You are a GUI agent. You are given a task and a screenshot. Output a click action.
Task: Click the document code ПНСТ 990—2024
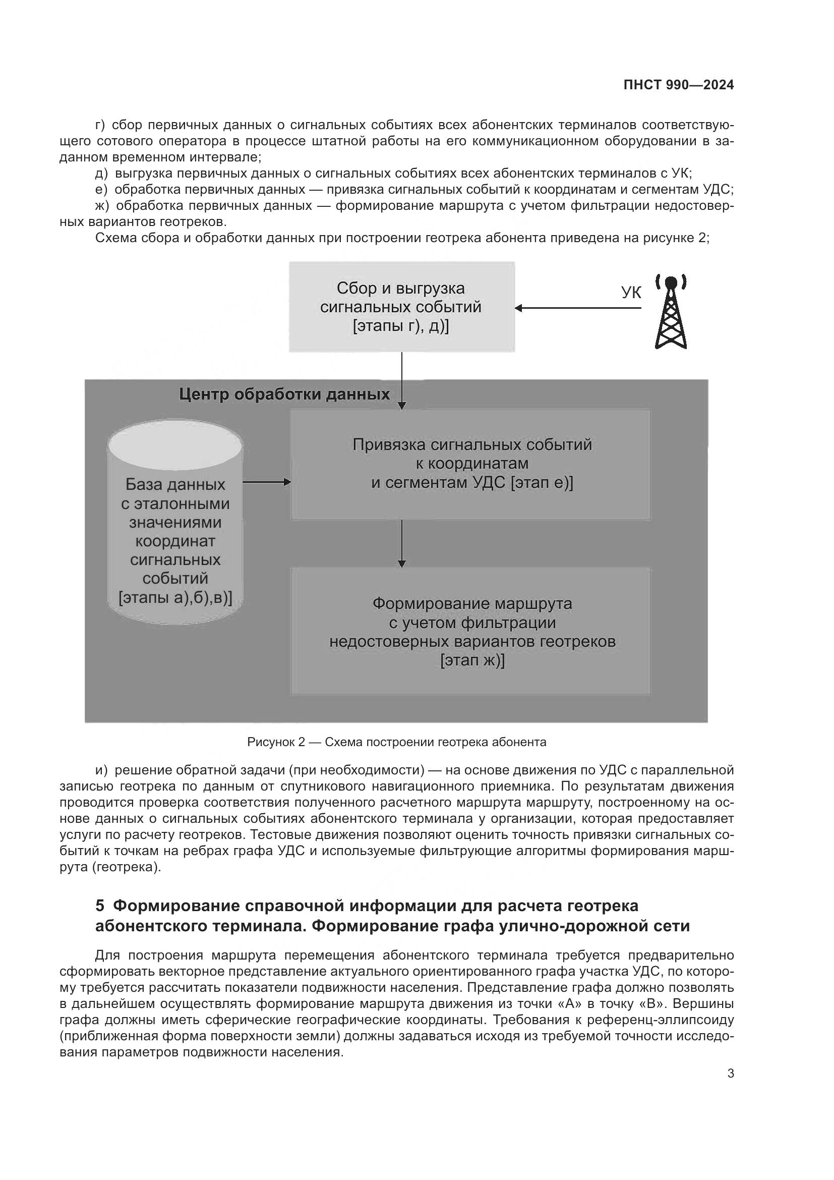(678, 85)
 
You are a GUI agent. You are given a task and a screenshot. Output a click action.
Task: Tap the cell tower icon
(671, 312)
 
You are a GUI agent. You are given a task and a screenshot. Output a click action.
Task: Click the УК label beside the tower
(631, 293)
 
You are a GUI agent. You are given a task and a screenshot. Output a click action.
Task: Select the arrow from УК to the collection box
(578, 308)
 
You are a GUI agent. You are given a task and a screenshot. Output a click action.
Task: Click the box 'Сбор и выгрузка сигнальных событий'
(401, 307)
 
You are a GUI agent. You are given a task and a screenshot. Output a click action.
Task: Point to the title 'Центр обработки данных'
(284, 395)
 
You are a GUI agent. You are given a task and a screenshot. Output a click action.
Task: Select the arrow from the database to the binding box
(266, 482)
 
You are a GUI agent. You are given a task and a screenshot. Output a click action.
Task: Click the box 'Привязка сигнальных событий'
(471, 464)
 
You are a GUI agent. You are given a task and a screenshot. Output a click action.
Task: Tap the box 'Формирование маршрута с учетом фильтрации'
(471, 631)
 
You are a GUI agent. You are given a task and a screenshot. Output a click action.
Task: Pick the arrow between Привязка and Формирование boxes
(401, 543)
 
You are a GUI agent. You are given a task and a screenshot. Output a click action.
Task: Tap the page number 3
(730, 1074)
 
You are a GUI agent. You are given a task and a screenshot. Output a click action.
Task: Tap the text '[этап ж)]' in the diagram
(472, 660)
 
